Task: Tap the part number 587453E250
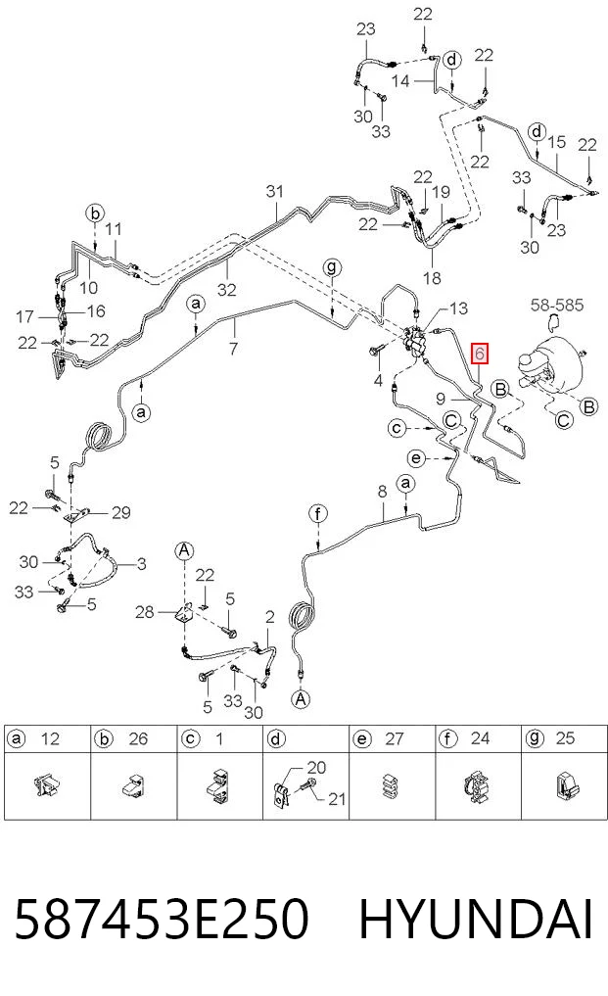(x=161, y=920)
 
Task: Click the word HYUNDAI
(x=475, y=920)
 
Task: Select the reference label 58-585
(x=556, y=305)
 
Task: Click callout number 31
(x=274, y=191)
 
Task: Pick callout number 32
(x=226, y=290)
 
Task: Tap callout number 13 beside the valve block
(x=458, y=308)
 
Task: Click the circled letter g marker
(x=332, y=267)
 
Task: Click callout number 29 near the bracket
(x=120, y=512)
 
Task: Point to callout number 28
(x=145, y=612)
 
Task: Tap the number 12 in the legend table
(x=50, y=738)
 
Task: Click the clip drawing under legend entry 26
(x=133, y=785)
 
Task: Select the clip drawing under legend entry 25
(x=566, y=785)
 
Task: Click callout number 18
(x=432, y=277)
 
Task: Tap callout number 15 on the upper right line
(x=556, y=142)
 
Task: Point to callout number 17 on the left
(x=24, y=316)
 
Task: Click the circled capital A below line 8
(x=301, y=699)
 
